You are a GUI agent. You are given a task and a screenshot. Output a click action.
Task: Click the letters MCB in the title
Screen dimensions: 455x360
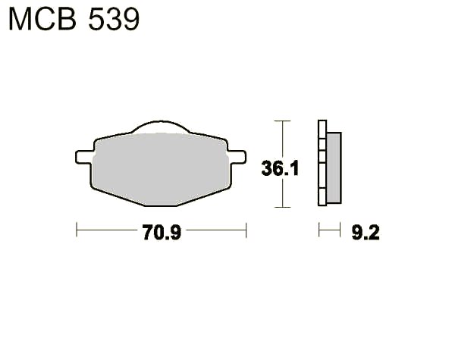click(42, 20)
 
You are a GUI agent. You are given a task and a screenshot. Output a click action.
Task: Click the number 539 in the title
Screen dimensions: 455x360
click(114, 20)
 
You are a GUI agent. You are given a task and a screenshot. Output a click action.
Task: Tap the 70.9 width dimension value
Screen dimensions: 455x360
click(162, 233)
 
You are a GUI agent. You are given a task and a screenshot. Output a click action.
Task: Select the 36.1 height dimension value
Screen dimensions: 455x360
click(280, 168)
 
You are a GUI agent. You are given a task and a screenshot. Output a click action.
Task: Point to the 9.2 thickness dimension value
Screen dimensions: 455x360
click(366, 233)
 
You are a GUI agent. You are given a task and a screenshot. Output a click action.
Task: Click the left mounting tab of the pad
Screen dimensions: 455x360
click(84, 157)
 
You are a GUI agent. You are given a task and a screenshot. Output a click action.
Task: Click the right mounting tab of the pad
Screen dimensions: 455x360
click(237, 157)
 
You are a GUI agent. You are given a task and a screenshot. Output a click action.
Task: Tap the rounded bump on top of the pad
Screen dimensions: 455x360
click(161, 126)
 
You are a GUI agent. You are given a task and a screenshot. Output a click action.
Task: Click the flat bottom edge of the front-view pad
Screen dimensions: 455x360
click(161, 205)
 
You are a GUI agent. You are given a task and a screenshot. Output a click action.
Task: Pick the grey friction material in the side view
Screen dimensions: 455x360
click(334, 167)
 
